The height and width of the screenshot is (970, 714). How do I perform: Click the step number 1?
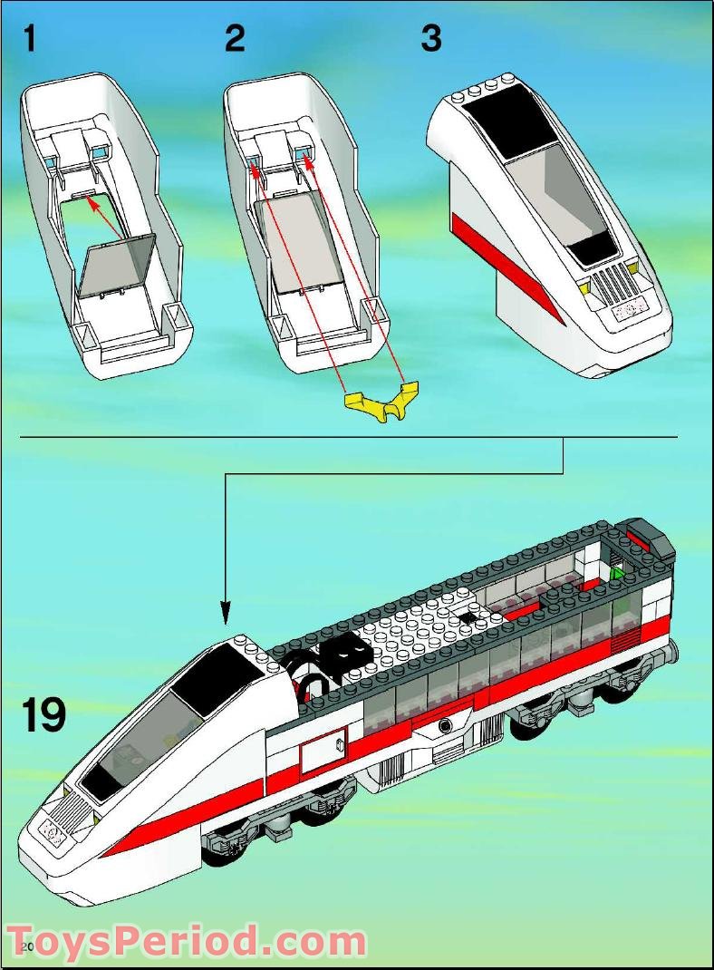[30, 40]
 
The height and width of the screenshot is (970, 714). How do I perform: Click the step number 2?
[235, 40]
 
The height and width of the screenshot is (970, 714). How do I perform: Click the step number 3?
[431, 40]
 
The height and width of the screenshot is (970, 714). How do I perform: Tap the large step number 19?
[44, 714]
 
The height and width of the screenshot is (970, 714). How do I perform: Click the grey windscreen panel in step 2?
[299, 245]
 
